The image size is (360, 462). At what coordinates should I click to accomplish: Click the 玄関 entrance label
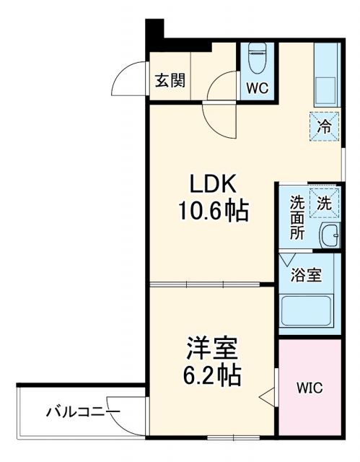pyautogui.click(x=169, y=79)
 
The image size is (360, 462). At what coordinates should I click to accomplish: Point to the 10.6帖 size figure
pyautogui.click(x=213, y=211)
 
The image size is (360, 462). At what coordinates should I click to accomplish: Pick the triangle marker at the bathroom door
pyautogui.click(x=288, y=258)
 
